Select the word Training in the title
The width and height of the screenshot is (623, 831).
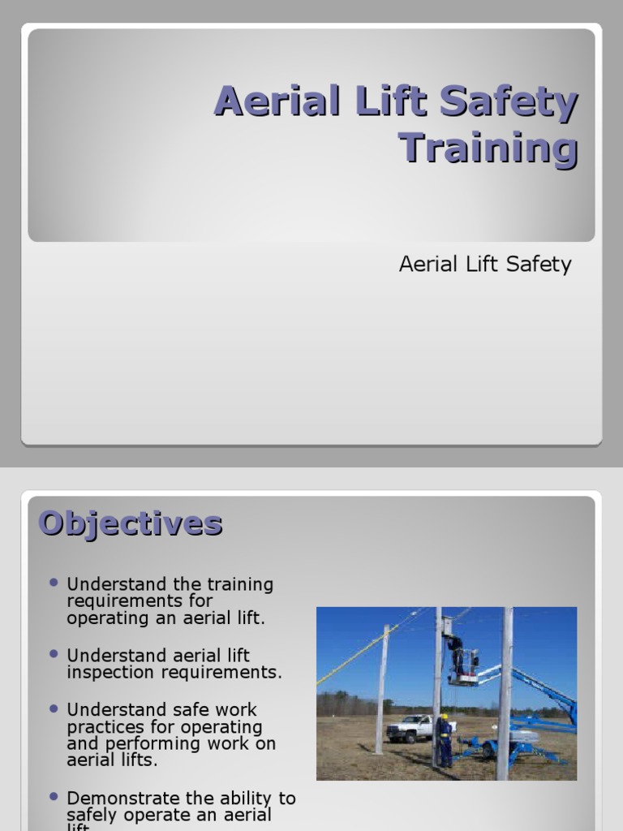pyautogui.click(x=488, y=149)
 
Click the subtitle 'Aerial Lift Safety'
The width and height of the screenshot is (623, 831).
pyautogui.click(x=485, y=264)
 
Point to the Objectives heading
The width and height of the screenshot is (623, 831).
pyautogui.click(x=131, y=523)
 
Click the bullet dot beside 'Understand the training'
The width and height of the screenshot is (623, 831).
pyautogui.click(x=54, y=583)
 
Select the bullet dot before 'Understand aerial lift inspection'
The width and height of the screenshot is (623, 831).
pyautogui.click(x=54, y=653)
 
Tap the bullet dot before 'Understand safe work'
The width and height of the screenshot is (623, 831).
pyautogui.click(x=54, y=708)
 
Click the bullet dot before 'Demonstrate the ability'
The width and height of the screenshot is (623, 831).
pyautogui.click(x=54, y=796)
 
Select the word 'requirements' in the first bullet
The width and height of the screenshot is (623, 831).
pyautogui.click(x=140, y=601)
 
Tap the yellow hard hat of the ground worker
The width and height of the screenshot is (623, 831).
pyautogui.click(x=444, y=717)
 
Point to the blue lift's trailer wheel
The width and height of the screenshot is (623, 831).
pyautogui.click(x=490, y=750)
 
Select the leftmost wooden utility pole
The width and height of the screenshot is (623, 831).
pyautogui.click(x=380, y=690)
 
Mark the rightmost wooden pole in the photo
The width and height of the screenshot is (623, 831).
pyautogui.click(x=505, y=690)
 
